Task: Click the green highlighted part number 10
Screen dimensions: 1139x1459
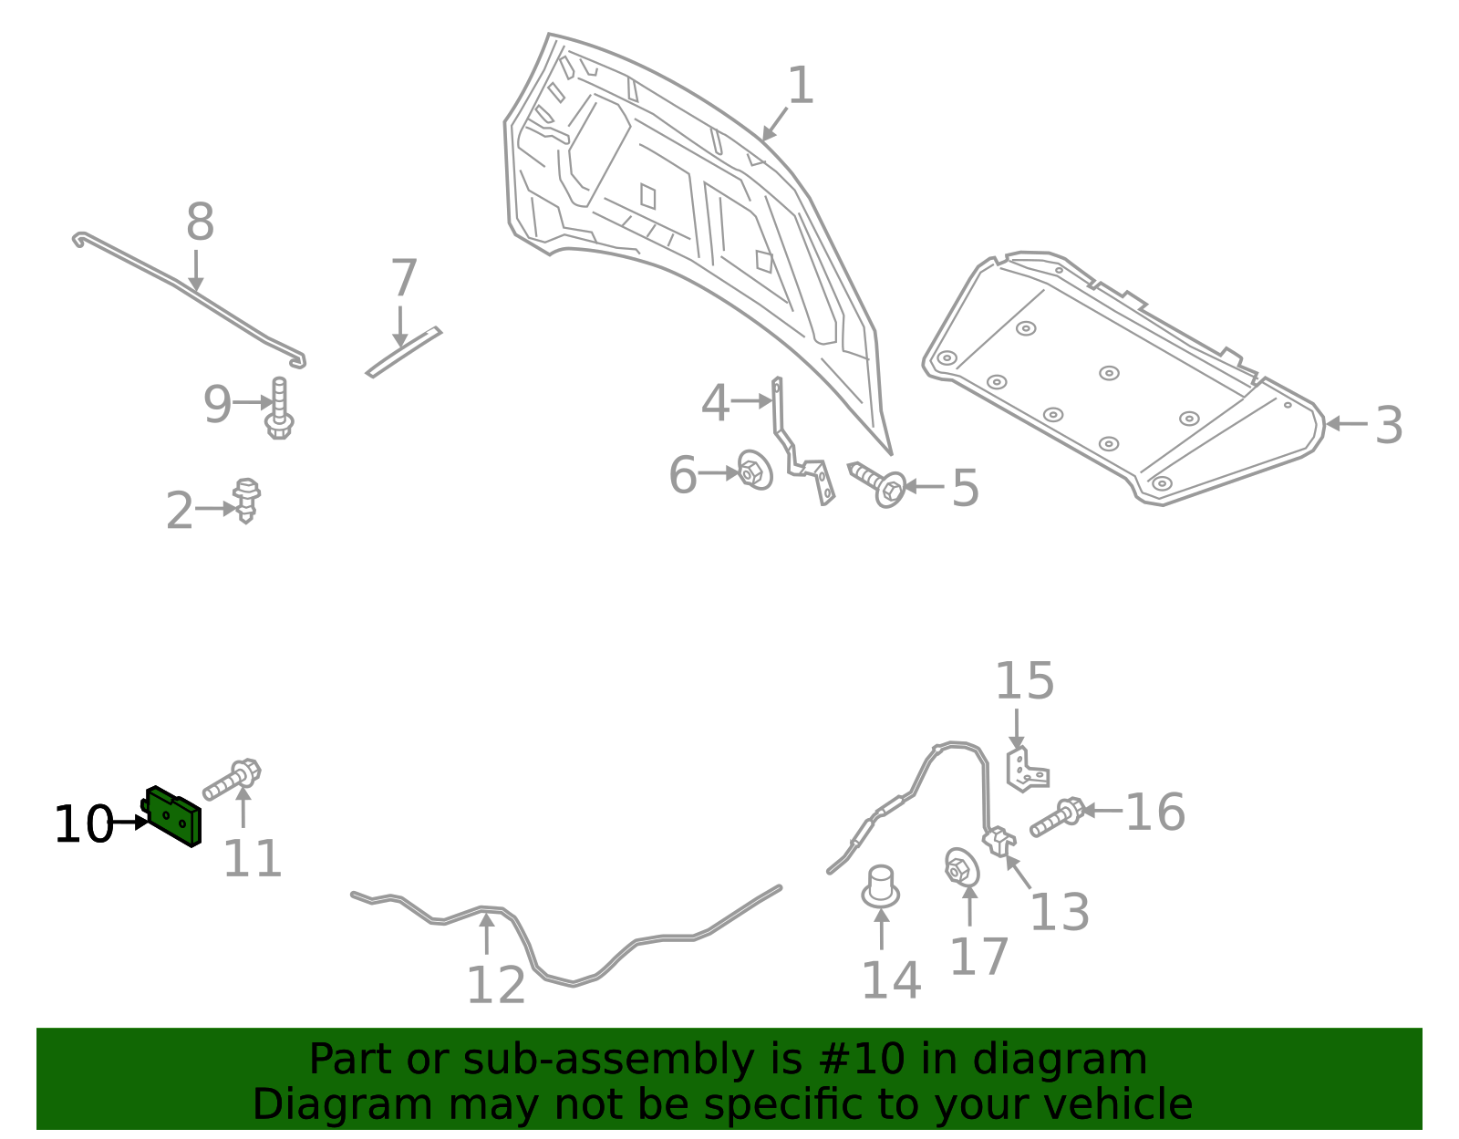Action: pos(174,816)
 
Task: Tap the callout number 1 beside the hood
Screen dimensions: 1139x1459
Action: pos(800,87)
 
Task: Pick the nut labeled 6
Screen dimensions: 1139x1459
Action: pos(754,471)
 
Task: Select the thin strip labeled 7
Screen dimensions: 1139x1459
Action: pos(403,352)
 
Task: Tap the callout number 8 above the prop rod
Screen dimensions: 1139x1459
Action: pos(200,223)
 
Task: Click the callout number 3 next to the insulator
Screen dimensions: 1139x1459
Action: pos(1388,425)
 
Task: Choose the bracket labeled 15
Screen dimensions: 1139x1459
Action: pos(1026,770)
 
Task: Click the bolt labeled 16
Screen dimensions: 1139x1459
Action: pos(1057,818)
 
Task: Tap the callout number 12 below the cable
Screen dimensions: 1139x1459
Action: pos(495,985)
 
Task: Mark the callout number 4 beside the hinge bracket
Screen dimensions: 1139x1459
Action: pos(715,403)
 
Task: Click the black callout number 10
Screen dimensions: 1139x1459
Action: pos(83,824)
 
